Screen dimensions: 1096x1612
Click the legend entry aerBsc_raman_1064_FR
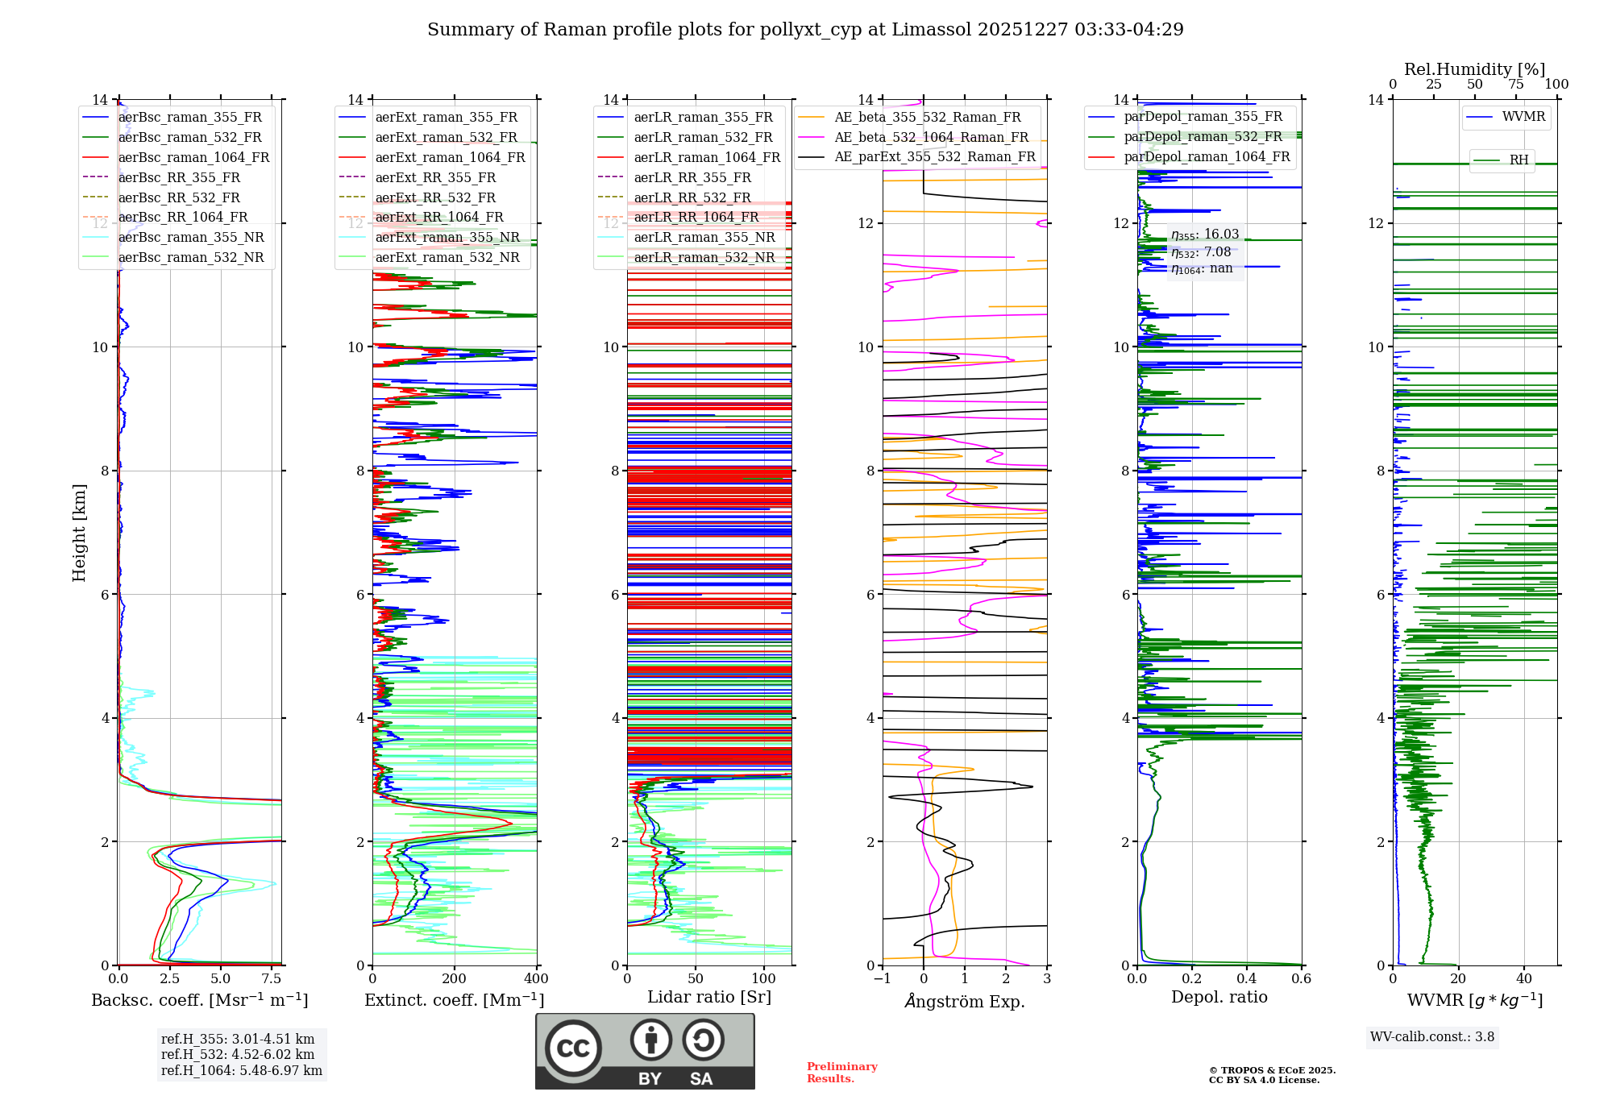tap(193, 157)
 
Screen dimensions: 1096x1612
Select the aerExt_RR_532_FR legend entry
tap(435, 197)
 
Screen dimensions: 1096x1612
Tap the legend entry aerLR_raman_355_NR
tap(704, 237)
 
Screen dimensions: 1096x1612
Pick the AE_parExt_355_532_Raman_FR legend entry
tap(934, 156)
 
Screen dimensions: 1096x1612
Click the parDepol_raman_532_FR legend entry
tap(1203, 137)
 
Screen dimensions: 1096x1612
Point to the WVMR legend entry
tap(1523, 117)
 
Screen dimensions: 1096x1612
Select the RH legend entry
tap(1519, 160)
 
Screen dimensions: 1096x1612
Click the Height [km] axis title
tap(79, 532)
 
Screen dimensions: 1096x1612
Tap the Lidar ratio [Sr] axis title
tap(709, 997)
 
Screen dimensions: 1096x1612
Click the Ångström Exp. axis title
tap(965, 1001)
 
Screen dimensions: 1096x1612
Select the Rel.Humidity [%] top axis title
tap(1474, 69)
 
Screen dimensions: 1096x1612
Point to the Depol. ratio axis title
tap(1219, 997)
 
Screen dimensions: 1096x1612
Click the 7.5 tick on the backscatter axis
tap(272, 979)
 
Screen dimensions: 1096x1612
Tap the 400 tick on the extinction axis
tap(536, 979)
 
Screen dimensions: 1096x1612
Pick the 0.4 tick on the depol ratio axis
tap(1247, 979)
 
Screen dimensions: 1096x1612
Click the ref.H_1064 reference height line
tap(241, 1070)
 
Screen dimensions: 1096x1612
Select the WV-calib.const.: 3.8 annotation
tap(1432, 1036)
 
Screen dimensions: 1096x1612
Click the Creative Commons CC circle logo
tap(573, 1048)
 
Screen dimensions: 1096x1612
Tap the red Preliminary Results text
tap(841, 1072)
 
